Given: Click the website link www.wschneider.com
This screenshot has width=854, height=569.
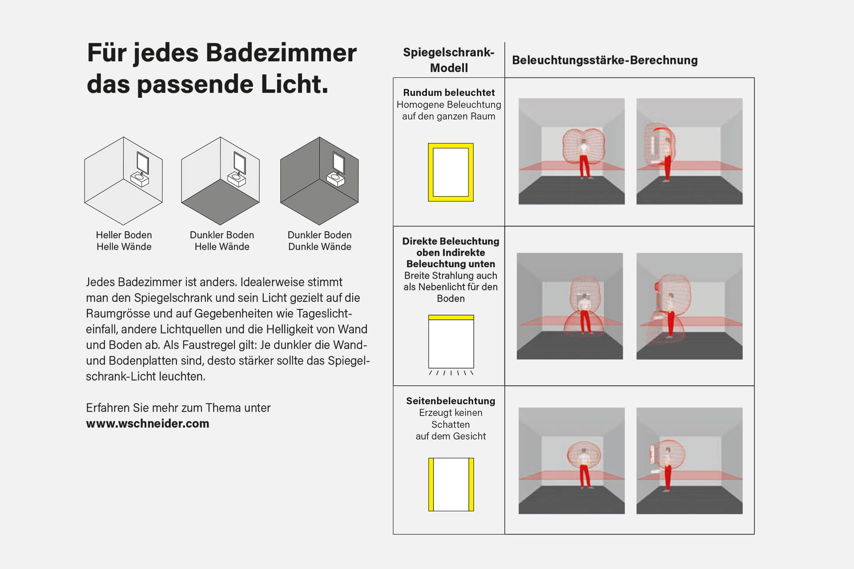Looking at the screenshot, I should (x=147, y=424).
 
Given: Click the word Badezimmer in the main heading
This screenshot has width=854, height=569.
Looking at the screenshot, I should (x=281, y=53).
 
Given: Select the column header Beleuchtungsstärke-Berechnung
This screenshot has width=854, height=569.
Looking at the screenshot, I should (x=604, y=60).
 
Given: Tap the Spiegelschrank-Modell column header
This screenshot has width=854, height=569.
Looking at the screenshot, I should (x=448, y=60).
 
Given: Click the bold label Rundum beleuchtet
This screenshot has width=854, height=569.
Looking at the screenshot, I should (x=448, y=92).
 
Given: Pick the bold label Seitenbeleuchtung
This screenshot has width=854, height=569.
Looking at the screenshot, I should (x=450, y=401).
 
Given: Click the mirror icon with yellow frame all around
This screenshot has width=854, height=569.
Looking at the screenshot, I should (x=451, y=172).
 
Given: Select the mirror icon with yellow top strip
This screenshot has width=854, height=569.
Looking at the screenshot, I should (x=451, y=341).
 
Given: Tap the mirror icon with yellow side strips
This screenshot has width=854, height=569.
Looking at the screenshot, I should (x=451, y=484).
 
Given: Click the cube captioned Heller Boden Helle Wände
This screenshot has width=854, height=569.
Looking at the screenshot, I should (x=123, y=180).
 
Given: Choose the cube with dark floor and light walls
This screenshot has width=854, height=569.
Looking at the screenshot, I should (x=220, y=180).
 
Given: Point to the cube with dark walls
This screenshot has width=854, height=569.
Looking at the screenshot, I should (x=319, y=180).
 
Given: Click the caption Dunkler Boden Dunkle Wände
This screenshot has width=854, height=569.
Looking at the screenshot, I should (x=319, y=240).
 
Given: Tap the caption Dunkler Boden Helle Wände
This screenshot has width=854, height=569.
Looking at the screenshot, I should (x=222, y=240).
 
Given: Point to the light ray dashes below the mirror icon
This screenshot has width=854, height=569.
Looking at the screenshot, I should (x=451, y=373).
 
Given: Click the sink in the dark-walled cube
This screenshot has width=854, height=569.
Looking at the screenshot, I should (x=335, y=179).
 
